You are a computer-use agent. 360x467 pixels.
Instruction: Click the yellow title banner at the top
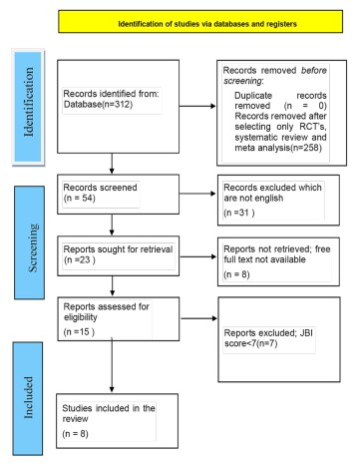click(200, 22)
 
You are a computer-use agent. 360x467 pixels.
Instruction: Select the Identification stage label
click(29, 102)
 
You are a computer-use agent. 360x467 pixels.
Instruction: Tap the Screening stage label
click(33, 247)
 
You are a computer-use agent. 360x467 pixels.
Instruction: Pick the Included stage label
click(29, 397)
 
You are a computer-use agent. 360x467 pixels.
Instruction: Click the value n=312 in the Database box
click(118, 105)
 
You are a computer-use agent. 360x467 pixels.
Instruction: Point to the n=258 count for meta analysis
click(306, 148)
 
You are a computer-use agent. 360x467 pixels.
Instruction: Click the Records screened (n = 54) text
click(100, 193)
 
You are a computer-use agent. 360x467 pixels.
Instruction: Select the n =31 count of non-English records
click(239, 213)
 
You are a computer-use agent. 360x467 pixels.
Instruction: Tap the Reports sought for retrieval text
click(118, 249)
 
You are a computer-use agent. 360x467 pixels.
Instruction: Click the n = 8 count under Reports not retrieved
click(236, 274)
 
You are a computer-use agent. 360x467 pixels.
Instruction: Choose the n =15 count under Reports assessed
click(79, 331)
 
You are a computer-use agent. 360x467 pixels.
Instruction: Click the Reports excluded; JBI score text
click(268, 338)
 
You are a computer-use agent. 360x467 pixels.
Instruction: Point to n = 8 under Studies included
click(75, 434)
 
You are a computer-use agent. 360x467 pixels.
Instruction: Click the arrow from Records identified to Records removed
click(197, 106)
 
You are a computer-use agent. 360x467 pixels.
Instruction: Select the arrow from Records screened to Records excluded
click(197, 194)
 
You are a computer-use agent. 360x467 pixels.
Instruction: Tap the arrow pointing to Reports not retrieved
click(198, 256)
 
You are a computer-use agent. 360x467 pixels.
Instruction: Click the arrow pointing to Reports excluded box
click(198, 318)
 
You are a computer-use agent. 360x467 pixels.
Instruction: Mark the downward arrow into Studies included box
click(112, 365)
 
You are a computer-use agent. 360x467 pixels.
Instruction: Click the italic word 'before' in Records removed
click(314, 70)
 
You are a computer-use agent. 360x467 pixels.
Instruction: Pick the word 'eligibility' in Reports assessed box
click(81, 317)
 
